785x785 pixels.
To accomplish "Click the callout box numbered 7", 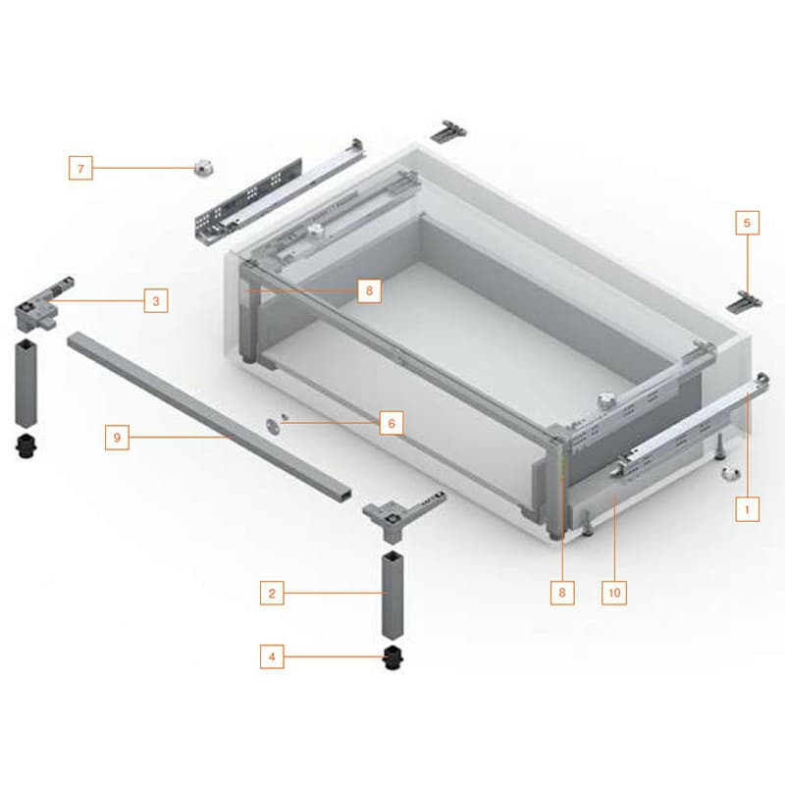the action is [80, 168].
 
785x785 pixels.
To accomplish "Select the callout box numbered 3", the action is [156, 301].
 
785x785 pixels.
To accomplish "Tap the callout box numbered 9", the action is [117, 438].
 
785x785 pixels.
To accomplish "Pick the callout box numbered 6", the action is [392, 423].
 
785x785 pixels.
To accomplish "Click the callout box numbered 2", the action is [272, 594].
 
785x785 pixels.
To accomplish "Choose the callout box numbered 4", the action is [272, 656].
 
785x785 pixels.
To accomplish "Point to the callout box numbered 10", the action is [614, 593].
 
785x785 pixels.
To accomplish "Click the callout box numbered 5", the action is [748, 223].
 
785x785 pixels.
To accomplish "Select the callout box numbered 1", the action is [748, 509].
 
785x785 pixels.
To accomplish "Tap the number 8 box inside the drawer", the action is [370, 290].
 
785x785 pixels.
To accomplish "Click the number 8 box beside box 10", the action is [562, 593].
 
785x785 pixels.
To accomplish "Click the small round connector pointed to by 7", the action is [204, 167].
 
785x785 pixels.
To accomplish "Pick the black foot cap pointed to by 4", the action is [393, 657].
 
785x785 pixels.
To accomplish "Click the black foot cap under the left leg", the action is [26, 445].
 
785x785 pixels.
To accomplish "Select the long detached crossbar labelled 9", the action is [209, 415].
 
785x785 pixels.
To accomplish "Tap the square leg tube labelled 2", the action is [393, 596].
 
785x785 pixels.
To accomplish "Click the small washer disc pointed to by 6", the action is [274, 426].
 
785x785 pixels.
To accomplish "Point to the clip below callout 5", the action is [745, 302].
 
